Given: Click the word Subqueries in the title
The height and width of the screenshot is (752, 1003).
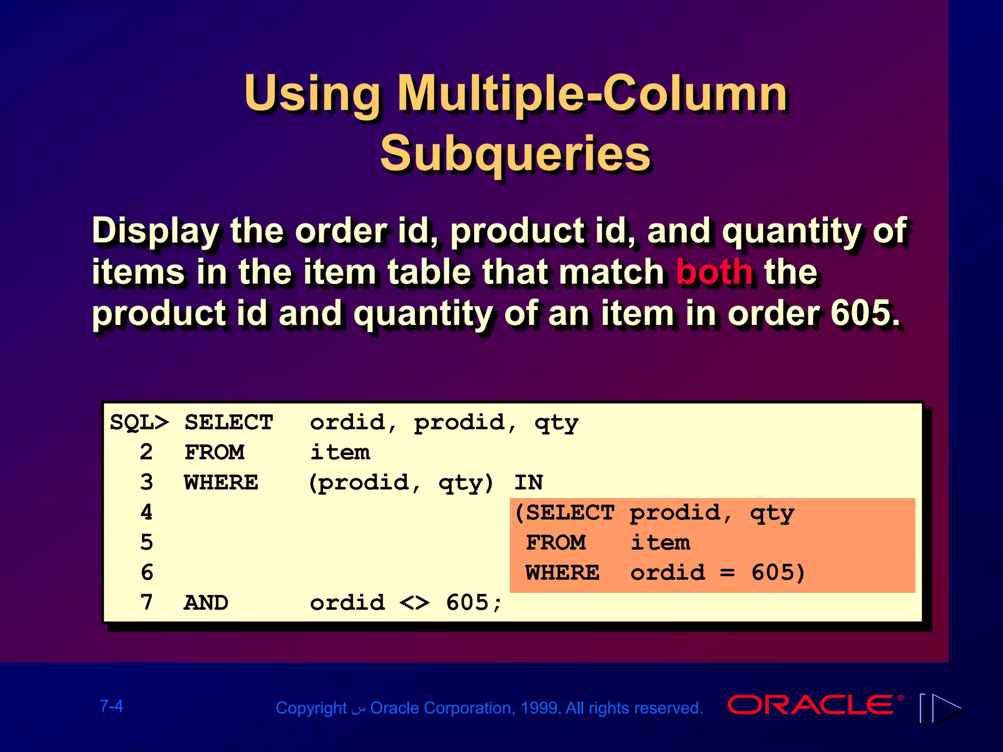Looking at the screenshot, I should (516, 154).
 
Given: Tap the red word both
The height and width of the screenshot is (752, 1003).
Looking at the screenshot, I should (714, 272).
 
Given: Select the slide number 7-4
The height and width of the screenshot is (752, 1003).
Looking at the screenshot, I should (112, 706).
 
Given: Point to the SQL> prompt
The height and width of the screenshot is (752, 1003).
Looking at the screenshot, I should (139, 423).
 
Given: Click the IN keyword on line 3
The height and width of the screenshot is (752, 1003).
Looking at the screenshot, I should (528, 483).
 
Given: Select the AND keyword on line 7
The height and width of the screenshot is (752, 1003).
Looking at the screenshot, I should (206, 603).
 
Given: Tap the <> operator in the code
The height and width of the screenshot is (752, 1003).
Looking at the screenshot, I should (414, 603).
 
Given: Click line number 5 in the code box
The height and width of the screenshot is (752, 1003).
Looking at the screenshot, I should (146, 542).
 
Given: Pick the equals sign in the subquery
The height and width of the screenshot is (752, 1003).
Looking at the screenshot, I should (728, 573).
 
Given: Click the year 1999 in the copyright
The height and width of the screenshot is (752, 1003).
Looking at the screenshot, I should (540, 708).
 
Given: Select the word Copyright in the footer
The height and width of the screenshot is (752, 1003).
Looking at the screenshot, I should (311, 708).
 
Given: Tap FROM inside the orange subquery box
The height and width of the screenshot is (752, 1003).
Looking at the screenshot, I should (555, 542).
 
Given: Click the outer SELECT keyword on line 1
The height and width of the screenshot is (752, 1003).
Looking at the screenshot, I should (228, 423).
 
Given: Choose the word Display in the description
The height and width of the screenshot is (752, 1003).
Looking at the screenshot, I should (156, 231).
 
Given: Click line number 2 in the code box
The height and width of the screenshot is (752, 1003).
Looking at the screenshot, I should (146, 452).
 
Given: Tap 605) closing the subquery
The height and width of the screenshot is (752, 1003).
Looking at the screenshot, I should (778, 573).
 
